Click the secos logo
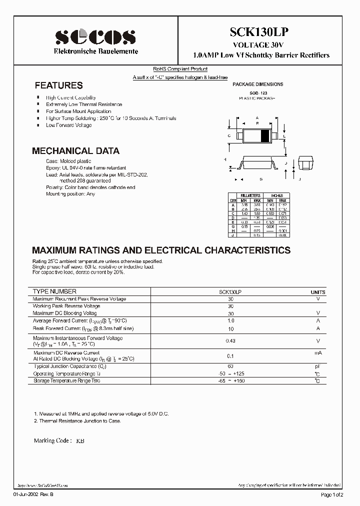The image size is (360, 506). coord(95,36)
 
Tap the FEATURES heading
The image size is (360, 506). coord(58,85)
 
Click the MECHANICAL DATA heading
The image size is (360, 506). coord(75,150)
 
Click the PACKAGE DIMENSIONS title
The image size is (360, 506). coord(258,84)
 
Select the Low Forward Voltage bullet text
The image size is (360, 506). coord(69,125)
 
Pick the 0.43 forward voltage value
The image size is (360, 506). coord(230,341)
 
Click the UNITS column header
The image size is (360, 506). coord(317,292)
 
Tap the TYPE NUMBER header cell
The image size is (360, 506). coord(54,291)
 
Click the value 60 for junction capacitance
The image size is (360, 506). coord(230,366)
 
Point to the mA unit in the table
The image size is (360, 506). coord(317,353)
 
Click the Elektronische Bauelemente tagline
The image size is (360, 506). coord(96,52)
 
